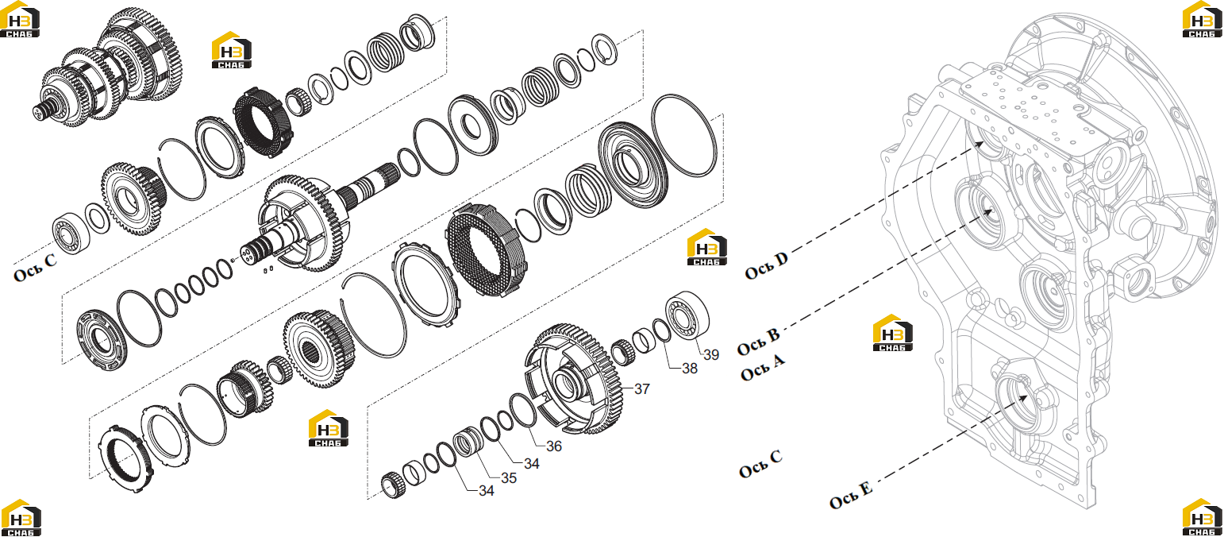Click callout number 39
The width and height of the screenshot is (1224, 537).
click(711, 355)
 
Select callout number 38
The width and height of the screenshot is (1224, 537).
click(690, 369)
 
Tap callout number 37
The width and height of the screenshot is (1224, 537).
click(642, 388)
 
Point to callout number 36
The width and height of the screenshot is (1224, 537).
click(554, 446)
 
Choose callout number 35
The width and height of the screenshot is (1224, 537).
click(509, 478)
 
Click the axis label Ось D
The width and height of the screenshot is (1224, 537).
click(767, 265)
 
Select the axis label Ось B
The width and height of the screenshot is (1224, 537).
click(758, 342)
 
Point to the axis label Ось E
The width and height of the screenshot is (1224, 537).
click(851, 495)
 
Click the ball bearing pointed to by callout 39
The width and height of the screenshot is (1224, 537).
click(687, 316)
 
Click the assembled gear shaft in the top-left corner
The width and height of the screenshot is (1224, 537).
click(107, 66)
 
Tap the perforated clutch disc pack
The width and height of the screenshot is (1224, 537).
click(485, 250)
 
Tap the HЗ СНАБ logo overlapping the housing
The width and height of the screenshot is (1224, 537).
click(892, 333)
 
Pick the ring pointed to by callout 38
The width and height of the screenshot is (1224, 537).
click(662, 330)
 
